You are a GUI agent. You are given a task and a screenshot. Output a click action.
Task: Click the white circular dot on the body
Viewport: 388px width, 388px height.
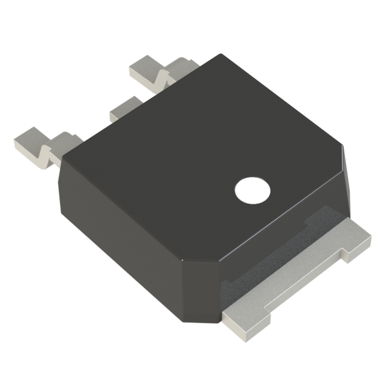tap(252, 191)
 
